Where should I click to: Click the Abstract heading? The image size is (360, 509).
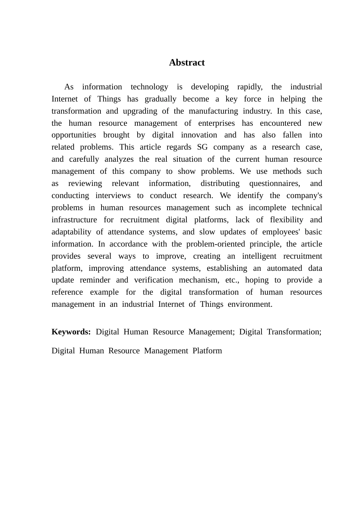coord(187,62)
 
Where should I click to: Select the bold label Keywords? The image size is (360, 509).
coord(71,332)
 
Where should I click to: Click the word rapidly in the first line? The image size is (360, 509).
coord(249,87)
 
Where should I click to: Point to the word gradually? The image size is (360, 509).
coord(159,99)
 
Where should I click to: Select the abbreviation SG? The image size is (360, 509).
coord(202,147)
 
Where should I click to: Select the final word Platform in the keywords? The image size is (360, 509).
coord(207,351)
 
